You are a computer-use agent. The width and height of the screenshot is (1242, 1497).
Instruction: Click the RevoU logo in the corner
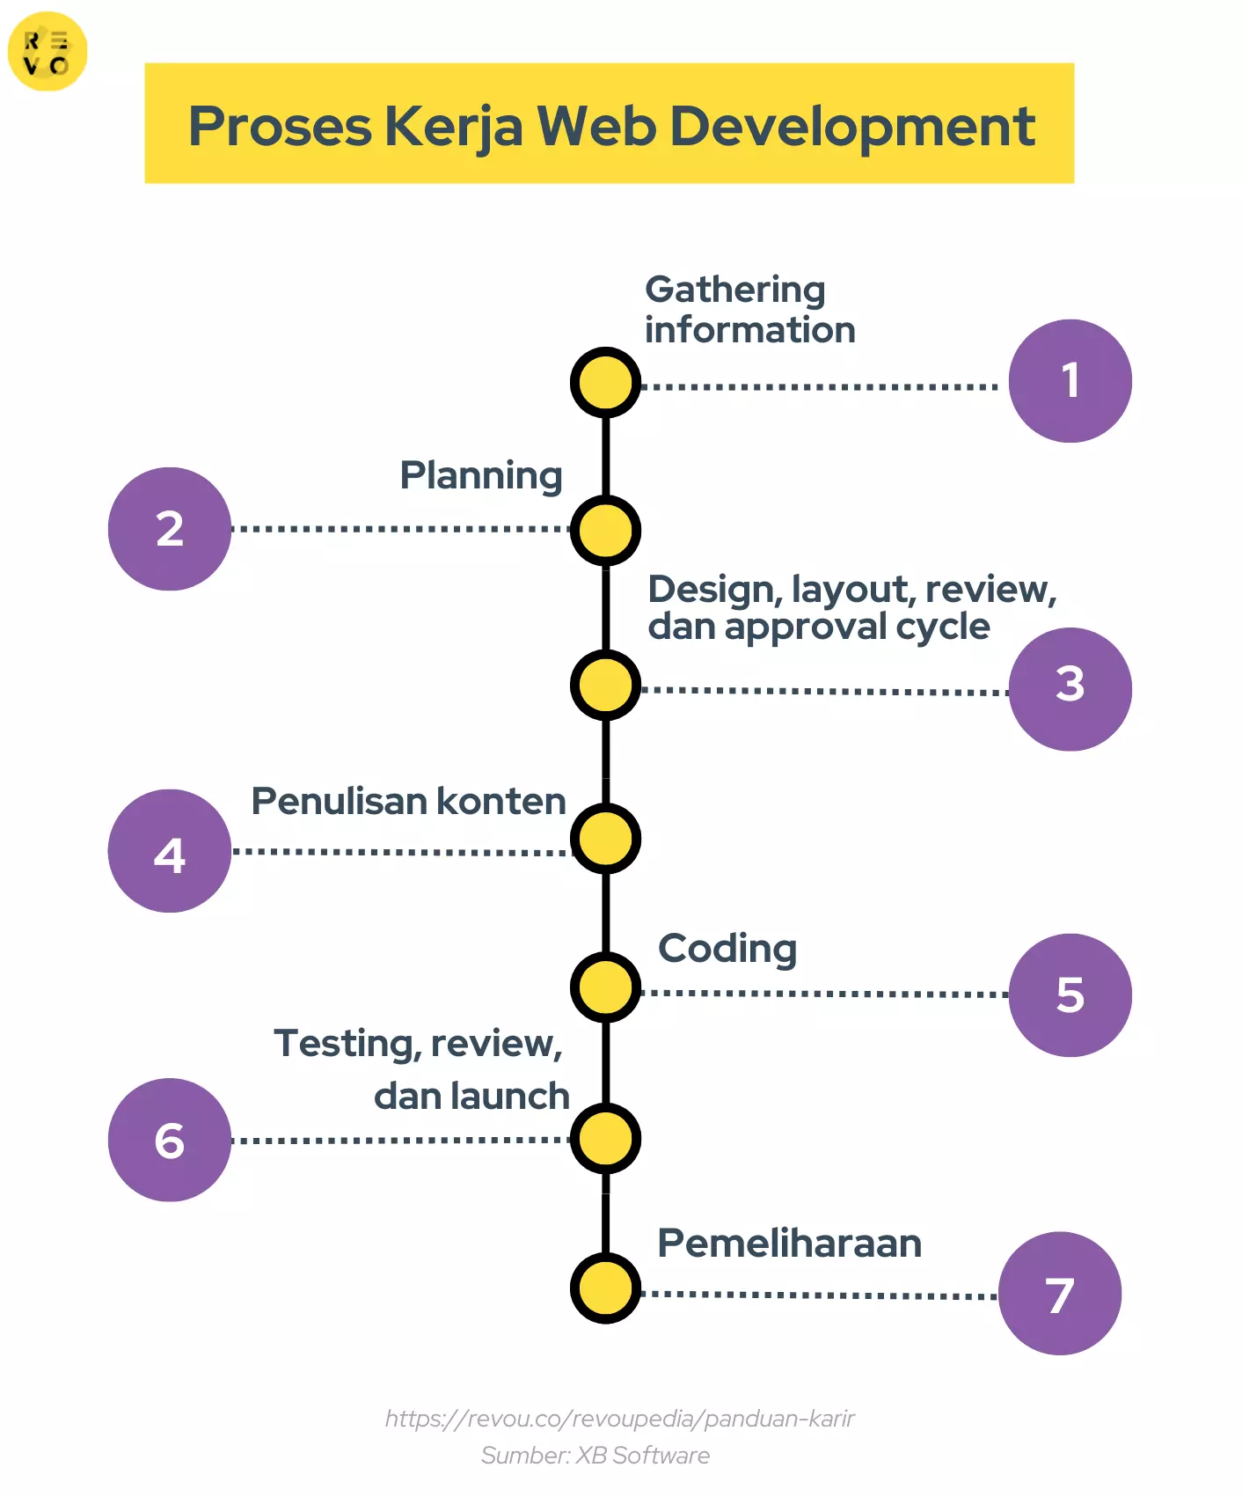pyautogui.click(x=47, y=52)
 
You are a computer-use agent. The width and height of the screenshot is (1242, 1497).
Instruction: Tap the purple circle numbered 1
pyautogui.click(x=1070, y=381)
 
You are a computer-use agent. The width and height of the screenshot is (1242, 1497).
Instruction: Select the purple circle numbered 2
pyautogui.click(x=170, y=529)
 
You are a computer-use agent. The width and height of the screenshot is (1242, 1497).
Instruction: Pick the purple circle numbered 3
pyautogui.click(x=1070, y=689)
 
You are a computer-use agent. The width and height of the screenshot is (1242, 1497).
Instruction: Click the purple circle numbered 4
pyautogui.click(x=170, y=851)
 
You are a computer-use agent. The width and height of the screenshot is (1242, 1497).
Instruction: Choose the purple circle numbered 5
pyautogui.click(x=1070, y=995)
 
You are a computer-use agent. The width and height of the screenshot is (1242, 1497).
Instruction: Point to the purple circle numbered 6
pyautogui.click(x=170, y=1140)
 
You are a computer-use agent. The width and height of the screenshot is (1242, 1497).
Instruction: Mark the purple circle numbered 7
pyautogui.click(x=1060, y=1293)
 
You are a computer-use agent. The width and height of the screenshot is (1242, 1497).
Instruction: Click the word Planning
pyautogui.click(x=481, y=476)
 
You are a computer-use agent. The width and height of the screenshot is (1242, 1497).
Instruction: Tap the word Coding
pyautogui.click(x=727, y=949)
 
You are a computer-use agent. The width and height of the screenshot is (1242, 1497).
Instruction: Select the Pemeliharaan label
pyautogui.click(x=789, y=1244)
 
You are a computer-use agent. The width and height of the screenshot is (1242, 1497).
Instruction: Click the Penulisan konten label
pyautogui.click(x=408, y=802)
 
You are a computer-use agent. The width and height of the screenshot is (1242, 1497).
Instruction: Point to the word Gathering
pyautogui.click(x=735, y=290)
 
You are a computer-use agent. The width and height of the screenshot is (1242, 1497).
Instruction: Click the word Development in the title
pyautogui.click(x=852, y=126)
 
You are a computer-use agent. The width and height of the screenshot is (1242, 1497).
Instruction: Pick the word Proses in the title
pyautogui.click(x=281, y=126)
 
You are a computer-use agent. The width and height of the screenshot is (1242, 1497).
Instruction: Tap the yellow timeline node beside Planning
pyautogui.click(x=605, y=531)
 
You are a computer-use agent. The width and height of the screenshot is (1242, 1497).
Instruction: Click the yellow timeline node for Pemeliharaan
pyautogui.click(x=605, y=1288)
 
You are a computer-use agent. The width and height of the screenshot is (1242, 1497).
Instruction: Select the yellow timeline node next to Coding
pyautogui.click(x=605, y=987)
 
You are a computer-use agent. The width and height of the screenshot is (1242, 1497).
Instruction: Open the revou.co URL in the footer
pyautogui.click(x=619, y=1419)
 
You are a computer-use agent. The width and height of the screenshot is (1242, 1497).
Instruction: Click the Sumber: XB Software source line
pyautogui.click(x=595, y=1456)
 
